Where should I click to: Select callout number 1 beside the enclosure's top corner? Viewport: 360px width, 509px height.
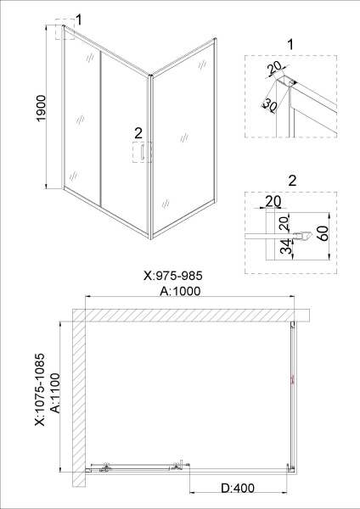click(x=78, y=19)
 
